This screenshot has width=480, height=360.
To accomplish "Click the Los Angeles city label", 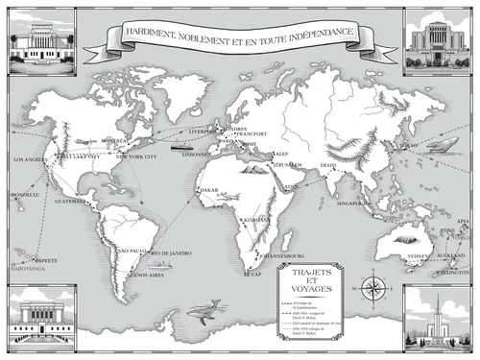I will click(28, 159).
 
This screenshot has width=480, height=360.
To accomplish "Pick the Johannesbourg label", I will click(281, 256).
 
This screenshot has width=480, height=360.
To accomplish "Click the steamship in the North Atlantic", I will click(178, 147).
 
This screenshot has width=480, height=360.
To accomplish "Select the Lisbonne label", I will click(196, 154).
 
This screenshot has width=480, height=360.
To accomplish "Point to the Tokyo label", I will click(409, 146).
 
